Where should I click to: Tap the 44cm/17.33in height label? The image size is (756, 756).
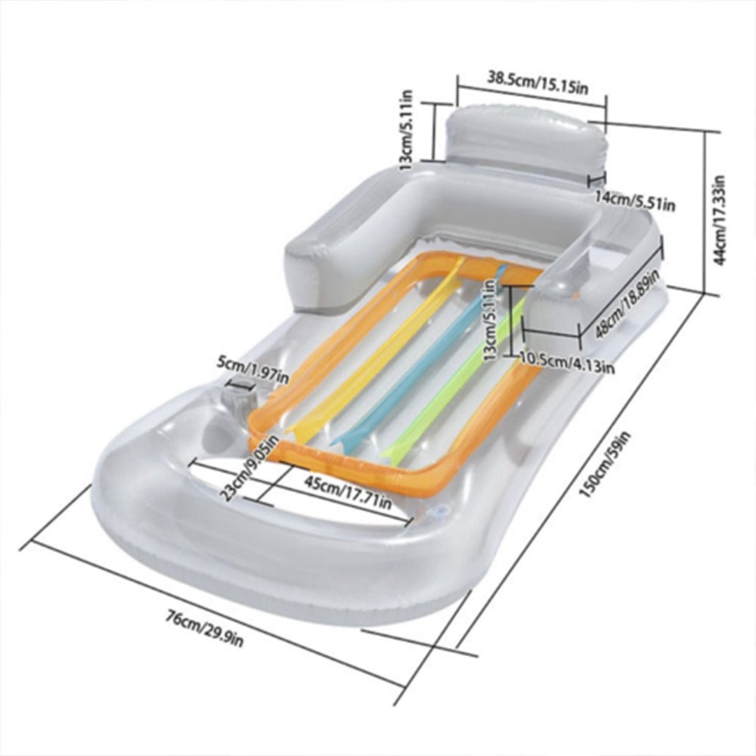point(719,219)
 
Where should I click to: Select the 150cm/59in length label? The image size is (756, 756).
point(605,465)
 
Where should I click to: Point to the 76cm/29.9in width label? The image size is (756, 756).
point(205,628)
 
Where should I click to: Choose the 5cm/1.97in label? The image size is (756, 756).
point(253,369)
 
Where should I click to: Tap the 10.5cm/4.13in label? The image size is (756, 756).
point(567,361)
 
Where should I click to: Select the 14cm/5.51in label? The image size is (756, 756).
point(634,201)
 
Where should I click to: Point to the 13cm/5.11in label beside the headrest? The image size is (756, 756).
point(407,130)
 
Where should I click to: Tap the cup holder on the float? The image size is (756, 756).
point(240,398)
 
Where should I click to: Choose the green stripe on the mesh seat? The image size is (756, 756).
point(453,376)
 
